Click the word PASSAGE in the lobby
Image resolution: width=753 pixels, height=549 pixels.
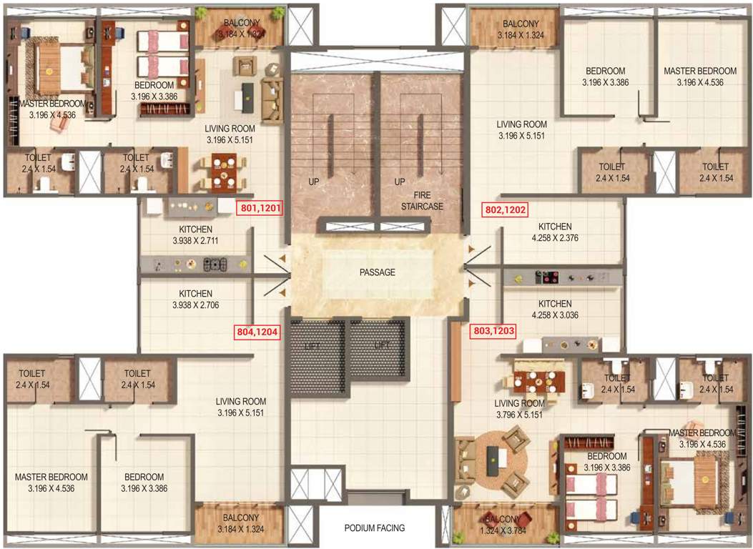[x=378, y=272]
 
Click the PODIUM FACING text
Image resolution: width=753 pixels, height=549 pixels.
[x=375, y=528]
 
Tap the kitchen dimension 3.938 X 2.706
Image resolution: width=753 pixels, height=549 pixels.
[x=195, y=305]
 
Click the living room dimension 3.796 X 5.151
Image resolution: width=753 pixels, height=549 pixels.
[x=520, y=414]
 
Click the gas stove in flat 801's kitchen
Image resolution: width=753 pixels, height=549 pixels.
[x=215, y=264]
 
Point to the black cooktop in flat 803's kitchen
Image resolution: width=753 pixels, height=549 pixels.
[x=547, y=276]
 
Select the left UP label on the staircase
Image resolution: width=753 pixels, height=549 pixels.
[x=312, y=182]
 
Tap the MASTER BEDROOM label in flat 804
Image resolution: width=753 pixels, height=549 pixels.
[x=51, y=477]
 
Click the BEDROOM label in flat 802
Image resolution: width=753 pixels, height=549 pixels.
[x=606, y=71]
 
